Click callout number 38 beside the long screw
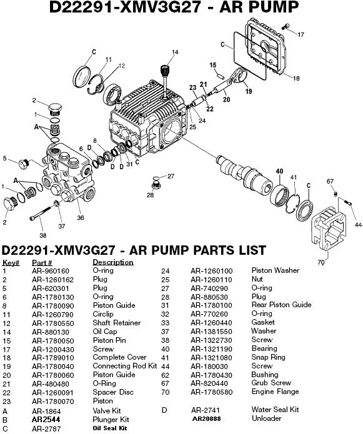(42, 235)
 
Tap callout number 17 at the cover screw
(301, 34)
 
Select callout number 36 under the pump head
(80, 218)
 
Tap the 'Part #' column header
(42, 262)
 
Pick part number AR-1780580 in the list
(211, 392)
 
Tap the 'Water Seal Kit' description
(275, 410)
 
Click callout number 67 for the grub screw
(331, 182)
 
